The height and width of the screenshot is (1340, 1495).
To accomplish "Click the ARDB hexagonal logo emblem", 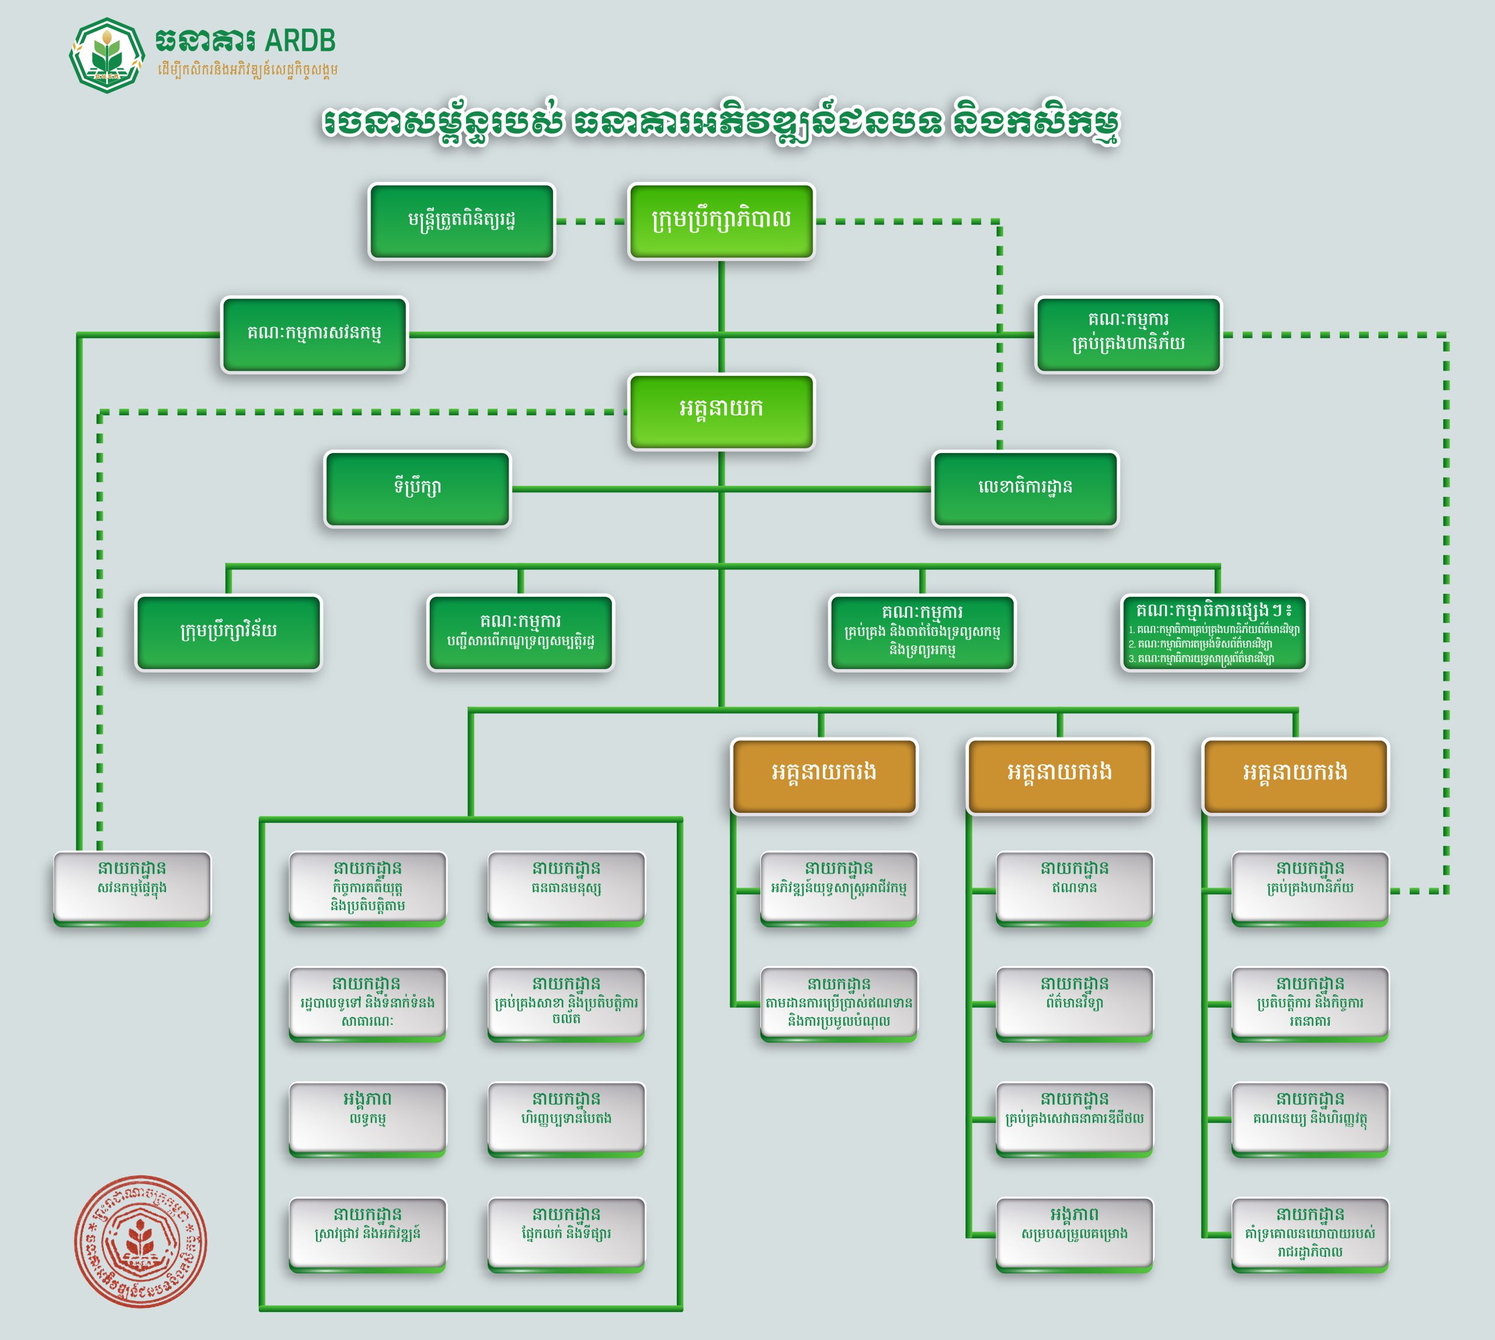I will [107, 55].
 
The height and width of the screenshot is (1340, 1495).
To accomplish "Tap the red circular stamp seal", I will [140, 1241].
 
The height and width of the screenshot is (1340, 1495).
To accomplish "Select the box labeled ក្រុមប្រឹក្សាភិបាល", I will [721, 220].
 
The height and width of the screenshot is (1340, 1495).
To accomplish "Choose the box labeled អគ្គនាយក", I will [721, 410].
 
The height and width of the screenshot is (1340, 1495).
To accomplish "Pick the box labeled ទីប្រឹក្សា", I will [418, 488].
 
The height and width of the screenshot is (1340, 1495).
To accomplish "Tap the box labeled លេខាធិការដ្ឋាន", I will [1025, 488].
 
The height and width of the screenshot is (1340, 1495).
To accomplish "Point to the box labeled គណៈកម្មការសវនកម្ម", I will [314, 334].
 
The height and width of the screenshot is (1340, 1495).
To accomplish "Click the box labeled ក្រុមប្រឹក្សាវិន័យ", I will [228, 632].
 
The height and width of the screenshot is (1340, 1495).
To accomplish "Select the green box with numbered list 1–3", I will [1214, 632].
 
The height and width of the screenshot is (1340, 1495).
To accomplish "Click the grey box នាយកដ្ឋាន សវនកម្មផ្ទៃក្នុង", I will [132, 886].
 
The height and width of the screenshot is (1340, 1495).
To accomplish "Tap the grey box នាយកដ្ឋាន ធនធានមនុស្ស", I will [566, 886].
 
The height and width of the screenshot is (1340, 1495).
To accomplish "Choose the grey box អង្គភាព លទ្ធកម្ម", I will [367, 1117].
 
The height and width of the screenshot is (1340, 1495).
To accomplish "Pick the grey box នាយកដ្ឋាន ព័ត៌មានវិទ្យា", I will [1074, 1002].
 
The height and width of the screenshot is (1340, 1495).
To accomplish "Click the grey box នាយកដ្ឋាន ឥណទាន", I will [1074, 886].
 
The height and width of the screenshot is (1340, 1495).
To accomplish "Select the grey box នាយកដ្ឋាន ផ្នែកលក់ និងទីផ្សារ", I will [566, 1233].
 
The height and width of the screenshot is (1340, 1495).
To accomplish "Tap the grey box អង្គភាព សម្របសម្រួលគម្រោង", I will [1074, 1233].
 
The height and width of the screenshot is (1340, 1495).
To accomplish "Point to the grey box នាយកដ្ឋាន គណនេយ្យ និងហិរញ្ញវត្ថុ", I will [1309, 1117].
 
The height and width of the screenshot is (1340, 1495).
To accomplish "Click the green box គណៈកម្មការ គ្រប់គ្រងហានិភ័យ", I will [1128, 334].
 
